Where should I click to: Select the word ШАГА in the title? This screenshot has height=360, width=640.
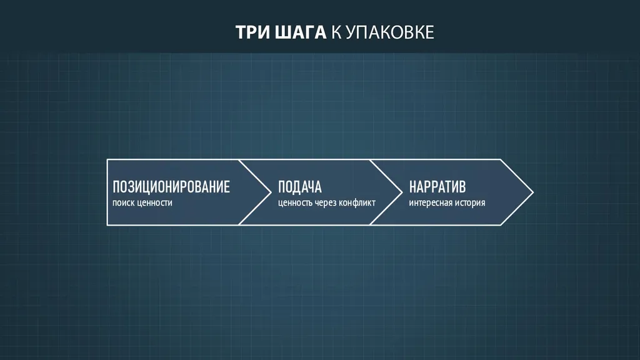300,32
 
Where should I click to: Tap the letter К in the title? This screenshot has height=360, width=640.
336,32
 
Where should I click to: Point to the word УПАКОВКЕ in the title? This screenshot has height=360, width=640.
390,32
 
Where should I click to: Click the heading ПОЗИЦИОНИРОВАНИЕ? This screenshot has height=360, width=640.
171,187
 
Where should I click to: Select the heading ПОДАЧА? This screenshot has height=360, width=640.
299,187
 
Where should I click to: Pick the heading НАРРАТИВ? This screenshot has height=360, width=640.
437,187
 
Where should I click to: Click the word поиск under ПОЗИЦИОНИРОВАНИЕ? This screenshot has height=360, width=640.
124,203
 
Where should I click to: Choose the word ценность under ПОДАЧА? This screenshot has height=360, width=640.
296,203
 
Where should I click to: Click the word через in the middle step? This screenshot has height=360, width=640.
326,203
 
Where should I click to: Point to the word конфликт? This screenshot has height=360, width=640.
357,203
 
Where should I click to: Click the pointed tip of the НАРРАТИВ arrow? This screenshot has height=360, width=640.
533,192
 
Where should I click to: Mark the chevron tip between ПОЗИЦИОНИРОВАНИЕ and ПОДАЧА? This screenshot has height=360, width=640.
271,192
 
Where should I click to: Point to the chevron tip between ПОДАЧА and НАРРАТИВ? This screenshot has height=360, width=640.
402,192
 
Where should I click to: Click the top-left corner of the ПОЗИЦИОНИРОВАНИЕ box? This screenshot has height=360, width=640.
107,159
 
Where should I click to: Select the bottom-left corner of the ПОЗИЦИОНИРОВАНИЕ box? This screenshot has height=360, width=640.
107,225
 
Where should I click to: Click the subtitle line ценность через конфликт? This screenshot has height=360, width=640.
326,203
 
